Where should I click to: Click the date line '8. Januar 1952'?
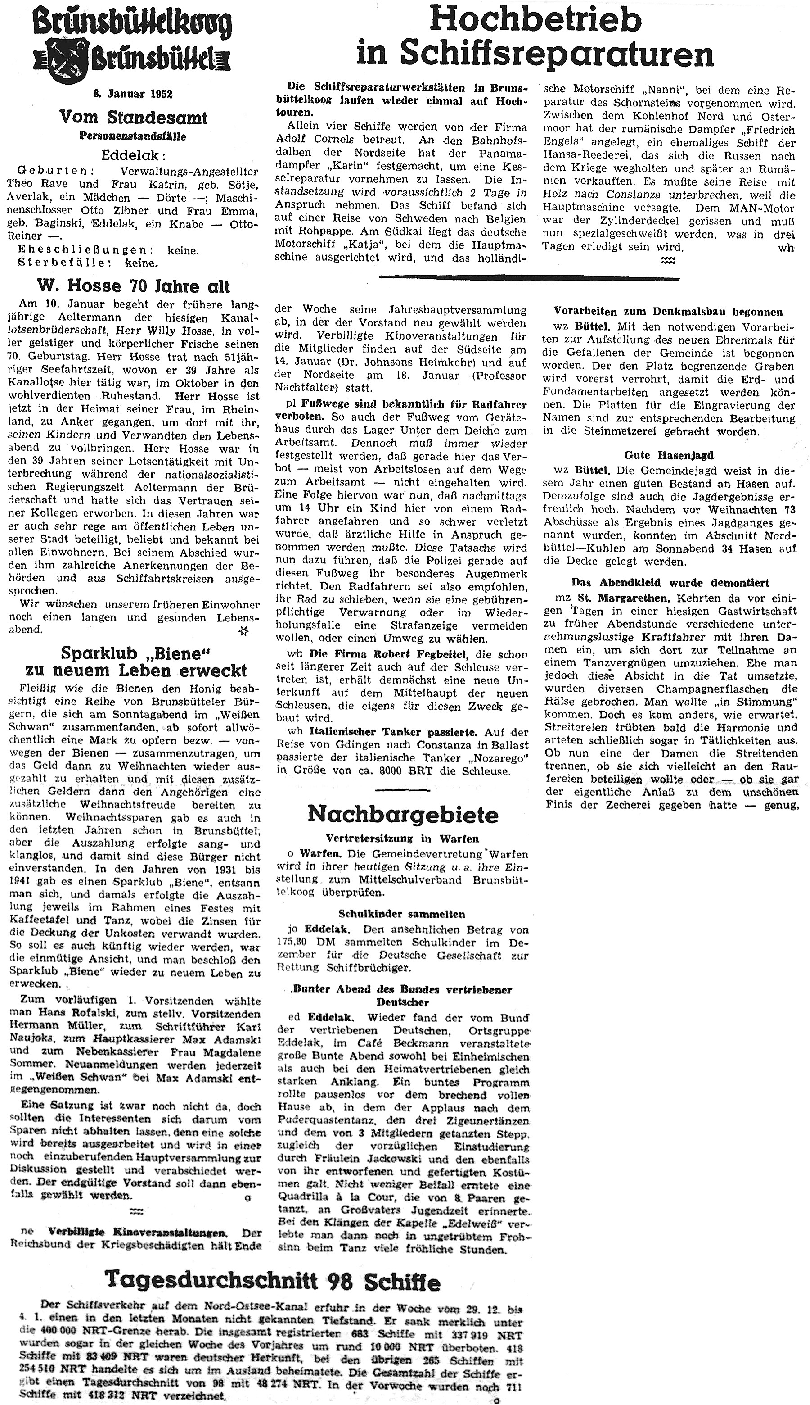coord(132,94)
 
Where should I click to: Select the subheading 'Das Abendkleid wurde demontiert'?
coord(670,583)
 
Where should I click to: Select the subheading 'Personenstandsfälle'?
coord(132,136)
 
